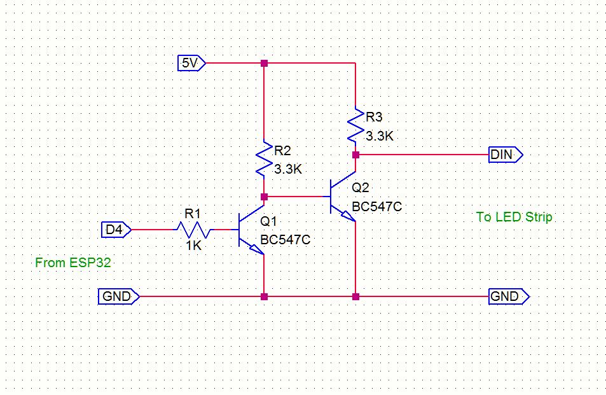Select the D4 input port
coord(116,229)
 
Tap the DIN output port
coord(505,155)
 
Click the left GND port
coord(117,296)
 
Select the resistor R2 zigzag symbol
coord(264,159)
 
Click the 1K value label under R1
coord(193,245)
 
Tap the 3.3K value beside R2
coord(288,170)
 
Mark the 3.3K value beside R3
coord(380,135)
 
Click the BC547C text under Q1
coord(285,240)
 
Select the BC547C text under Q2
coord(377,207)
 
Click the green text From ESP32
coord(73,262)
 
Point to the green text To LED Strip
coord(514,217)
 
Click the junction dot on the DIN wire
coord(355,155)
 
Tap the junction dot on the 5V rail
coord(265,63)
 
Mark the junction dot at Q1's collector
coord(265,197)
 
